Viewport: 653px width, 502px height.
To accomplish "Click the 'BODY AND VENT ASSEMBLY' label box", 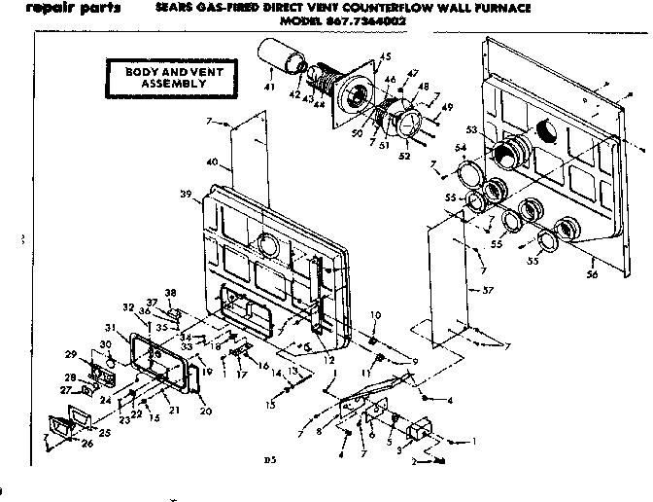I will (160, 78).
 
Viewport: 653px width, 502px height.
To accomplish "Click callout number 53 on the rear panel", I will (472, 128).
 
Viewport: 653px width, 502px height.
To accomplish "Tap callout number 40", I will (212, 161).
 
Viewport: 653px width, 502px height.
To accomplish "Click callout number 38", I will (172, 293).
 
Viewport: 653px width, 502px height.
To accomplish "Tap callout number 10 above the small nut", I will (375, 313).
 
